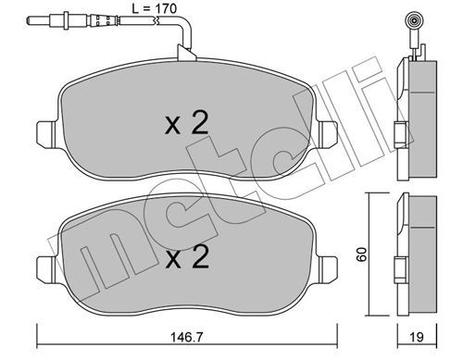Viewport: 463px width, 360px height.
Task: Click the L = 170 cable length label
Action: [x=154, y=8]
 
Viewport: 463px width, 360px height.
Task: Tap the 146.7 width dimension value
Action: [x=187, y=337]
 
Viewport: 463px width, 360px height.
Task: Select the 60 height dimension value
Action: [x=361, y=254]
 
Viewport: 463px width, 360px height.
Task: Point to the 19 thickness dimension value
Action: [x=418, y=337]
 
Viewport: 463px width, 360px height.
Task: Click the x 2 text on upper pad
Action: [x=187, y=123]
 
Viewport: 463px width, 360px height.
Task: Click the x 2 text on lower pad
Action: [x=187, y=256]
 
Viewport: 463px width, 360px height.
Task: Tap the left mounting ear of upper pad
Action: [x=47, y=134]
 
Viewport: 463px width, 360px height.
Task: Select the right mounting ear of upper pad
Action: [x=328, y=134]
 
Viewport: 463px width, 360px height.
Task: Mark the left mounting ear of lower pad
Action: [x=47, y=267]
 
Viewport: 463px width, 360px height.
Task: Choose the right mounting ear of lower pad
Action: [x=328, y=267]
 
